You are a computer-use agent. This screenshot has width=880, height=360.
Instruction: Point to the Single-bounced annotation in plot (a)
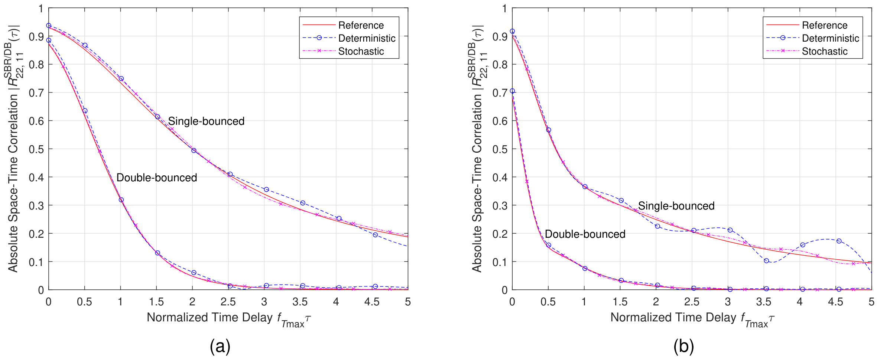[x=206, y=121]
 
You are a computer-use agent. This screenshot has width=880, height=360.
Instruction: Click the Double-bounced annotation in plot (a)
[x=156, y=178]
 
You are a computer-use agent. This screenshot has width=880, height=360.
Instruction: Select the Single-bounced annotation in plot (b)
[x=676, y=206]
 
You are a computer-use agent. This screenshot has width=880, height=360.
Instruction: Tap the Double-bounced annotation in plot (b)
[x=585, y=234]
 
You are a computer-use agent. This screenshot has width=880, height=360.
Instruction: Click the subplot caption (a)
[x=220, y=346]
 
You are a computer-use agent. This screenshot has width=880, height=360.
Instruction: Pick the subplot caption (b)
[x=683, y=346]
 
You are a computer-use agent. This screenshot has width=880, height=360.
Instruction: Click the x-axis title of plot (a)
[x=228, y=318]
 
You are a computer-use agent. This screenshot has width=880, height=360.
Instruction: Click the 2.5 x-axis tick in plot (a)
[x=228, y=302]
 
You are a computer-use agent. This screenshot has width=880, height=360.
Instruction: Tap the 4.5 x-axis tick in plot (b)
[x=835, y=302]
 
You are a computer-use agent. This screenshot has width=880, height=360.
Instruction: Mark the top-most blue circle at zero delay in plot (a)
[x=49, y=26]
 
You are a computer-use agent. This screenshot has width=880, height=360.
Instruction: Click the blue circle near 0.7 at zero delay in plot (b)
[x=512, y=91]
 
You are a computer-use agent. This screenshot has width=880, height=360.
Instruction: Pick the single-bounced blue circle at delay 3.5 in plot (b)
[x=766, y=261]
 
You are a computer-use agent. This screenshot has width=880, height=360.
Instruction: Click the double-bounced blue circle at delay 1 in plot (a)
[x=121, y=200]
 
